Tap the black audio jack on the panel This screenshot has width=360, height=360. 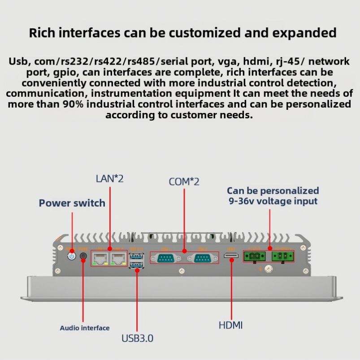(x=83, y=257)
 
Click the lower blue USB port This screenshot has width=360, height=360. (x=135, y=265)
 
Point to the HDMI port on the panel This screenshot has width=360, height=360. (x=231, y=257)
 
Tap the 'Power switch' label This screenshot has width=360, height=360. (x=72, y=203)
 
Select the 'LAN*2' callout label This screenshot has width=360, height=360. (x=109, y=178)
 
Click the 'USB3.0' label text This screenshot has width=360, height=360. (x=137, y=338)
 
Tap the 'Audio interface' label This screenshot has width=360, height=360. (x=85, y=328)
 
